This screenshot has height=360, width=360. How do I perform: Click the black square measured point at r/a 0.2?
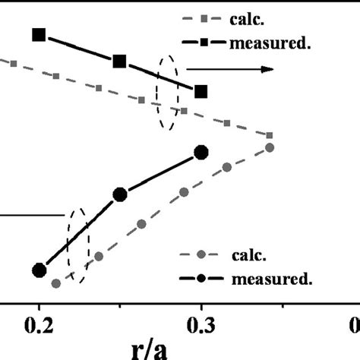pyautogui.click(x=39, y=34)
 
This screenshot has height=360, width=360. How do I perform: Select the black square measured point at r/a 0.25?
pyautogui.click(x=119, y=62)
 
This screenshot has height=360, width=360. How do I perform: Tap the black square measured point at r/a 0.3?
pyautogui.click(x=201, y=91)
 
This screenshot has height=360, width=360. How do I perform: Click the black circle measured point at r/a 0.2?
pyautogui.click(x=39, y=270)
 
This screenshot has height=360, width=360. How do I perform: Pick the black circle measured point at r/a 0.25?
pyautogui.click(x=119, y=195)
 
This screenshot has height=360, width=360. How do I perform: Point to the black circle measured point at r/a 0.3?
pyautogui.click(x=201, y=153)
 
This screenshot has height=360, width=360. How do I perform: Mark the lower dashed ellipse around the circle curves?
pyautogui.click(x=77, y=244)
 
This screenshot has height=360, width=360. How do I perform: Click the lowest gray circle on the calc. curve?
pyautogui.click(x=55, y=283)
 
